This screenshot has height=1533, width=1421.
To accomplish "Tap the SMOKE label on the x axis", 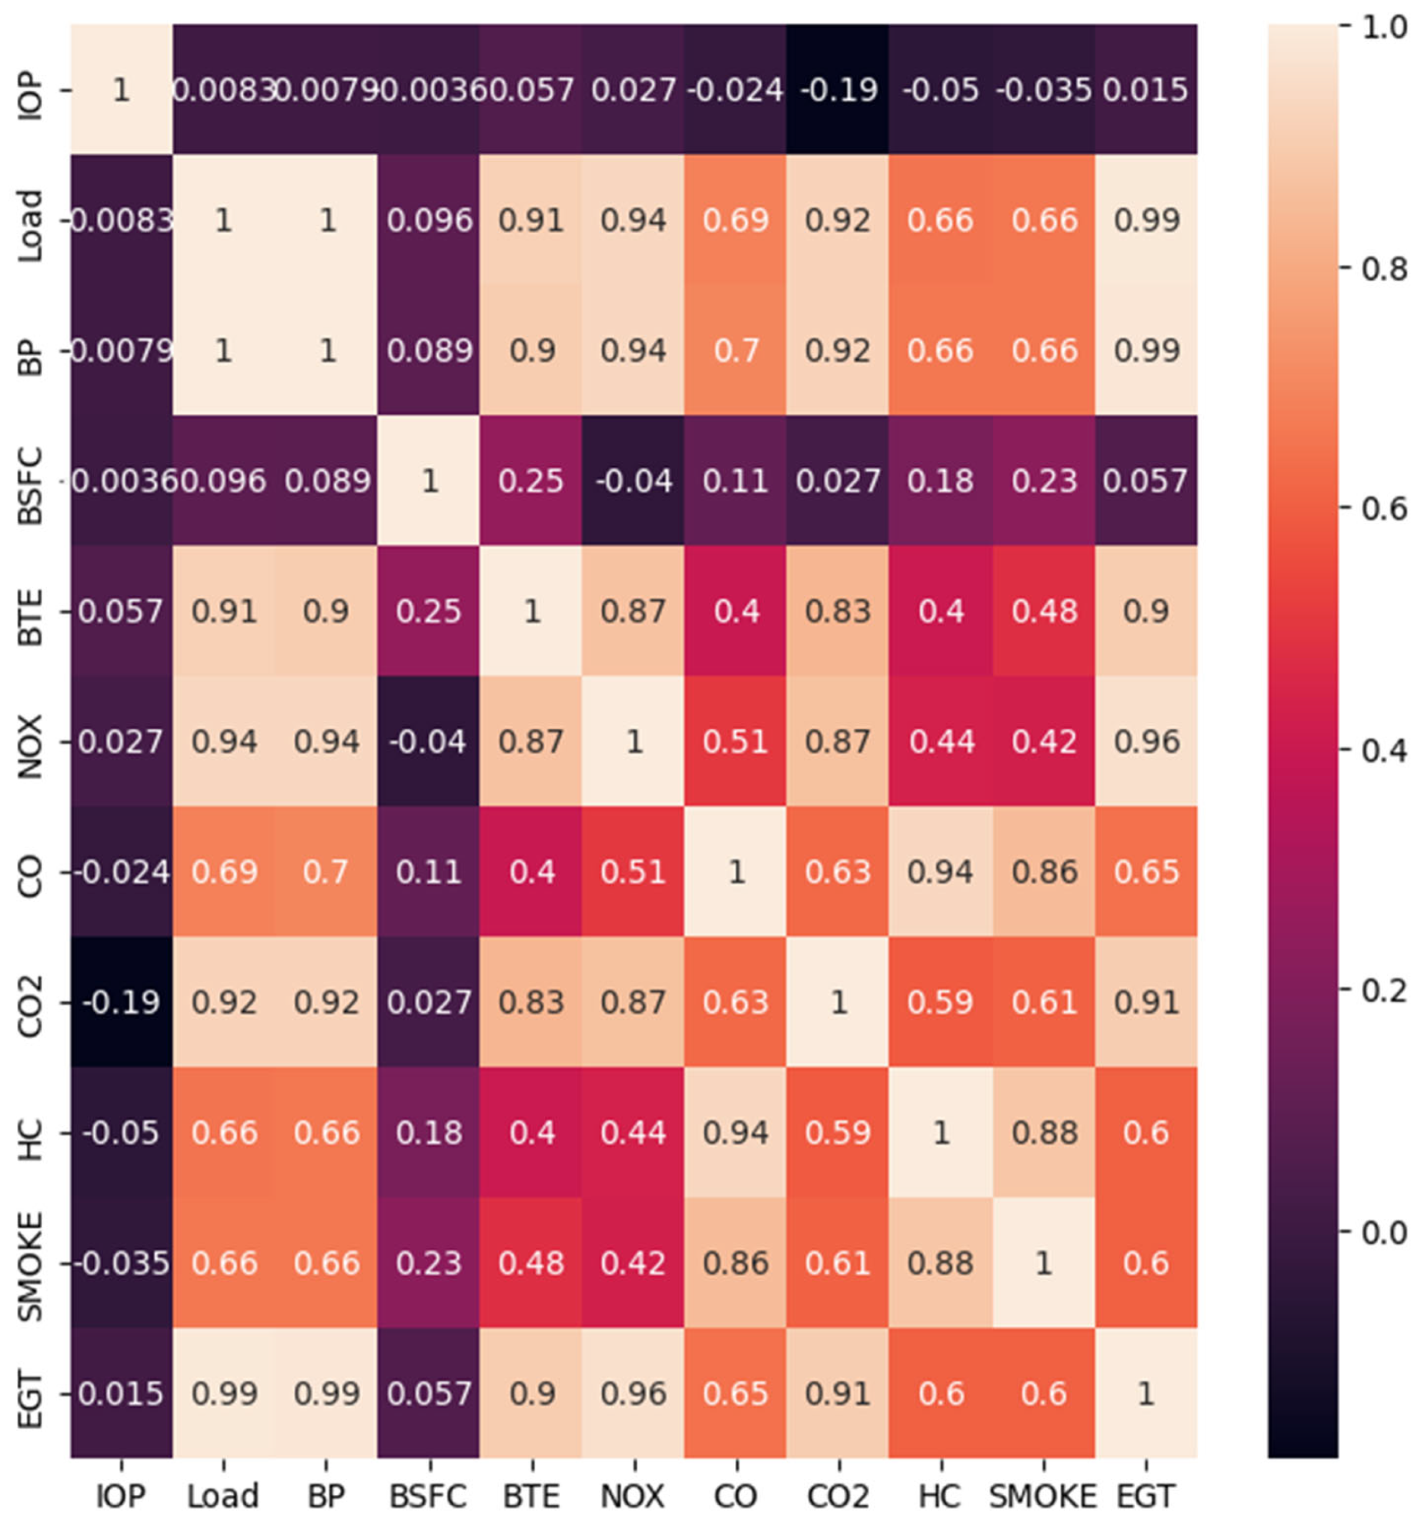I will click(x=1043, y=1496).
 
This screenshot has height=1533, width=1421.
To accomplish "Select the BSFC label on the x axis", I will click(x=429, y=1496).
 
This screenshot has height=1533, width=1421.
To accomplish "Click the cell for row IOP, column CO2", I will click(x=838, y=90).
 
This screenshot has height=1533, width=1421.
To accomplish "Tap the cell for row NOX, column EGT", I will click(x=1146, y=742).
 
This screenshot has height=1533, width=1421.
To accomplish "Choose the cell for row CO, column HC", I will click(x=941, y=872).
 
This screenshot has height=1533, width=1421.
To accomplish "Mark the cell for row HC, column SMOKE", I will click(x=1044, y=1133).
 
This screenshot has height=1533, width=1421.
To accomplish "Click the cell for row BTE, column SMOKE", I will click(x=1044, y=611).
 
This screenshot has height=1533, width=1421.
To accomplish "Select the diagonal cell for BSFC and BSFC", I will click(x=429, y=481).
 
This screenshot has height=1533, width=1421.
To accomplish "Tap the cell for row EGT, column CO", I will click(x=736, y=1393).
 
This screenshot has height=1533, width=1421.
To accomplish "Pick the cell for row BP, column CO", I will click(x=736, y=350).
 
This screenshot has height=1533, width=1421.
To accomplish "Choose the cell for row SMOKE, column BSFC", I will click(x=429, y=1263).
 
